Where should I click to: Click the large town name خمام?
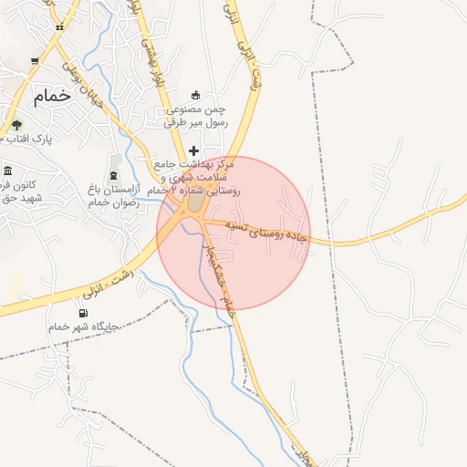(50, 96)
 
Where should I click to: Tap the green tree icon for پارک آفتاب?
(16, 125)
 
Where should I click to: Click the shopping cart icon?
(35, 61)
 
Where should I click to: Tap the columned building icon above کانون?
(7, 171)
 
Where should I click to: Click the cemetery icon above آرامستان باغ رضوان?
(113, 172)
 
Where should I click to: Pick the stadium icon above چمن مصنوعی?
(194, 95)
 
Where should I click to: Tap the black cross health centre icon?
(193, 150)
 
